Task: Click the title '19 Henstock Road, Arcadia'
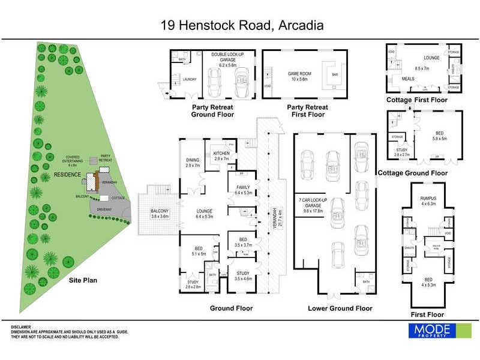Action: tap(242, 25)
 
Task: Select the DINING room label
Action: tap(192, 161)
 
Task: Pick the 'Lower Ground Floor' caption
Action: tap(340, 308)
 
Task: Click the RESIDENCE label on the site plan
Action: tap(67, 174)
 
